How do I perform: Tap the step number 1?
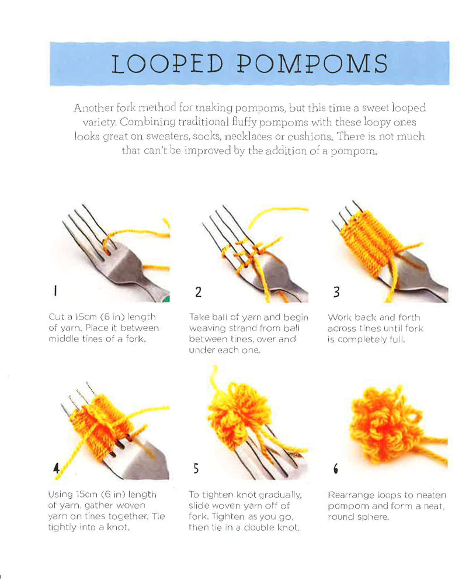click(55, 290)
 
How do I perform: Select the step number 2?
click(198, 291)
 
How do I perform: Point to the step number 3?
click(336, 291)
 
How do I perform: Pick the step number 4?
click(56, 468)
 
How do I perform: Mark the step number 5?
click(196, 468)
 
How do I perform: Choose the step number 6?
click(336, 468)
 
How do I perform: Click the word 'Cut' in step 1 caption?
click(57, 317)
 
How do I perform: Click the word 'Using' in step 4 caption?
click(60, 495)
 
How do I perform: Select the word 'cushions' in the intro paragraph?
click(310, 136)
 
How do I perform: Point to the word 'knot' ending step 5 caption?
click(290, 527)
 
